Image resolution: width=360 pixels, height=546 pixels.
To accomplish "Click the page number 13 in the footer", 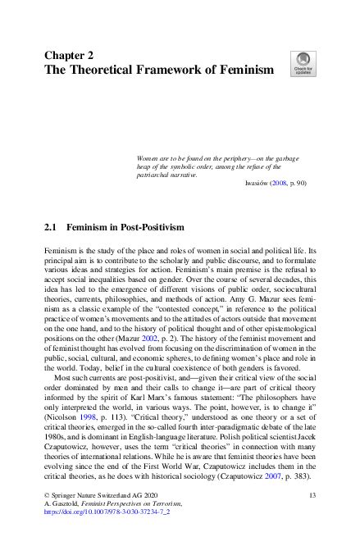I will point(311,497).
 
